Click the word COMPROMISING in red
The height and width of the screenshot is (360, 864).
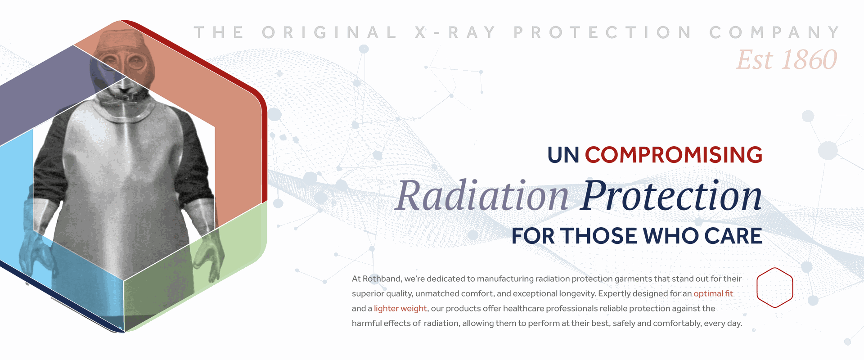pos(673,155)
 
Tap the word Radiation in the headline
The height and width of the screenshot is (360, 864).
pos(482,196)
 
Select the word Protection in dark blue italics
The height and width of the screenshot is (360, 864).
pos(671,196)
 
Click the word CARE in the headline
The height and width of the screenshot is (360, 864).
pos(733,236)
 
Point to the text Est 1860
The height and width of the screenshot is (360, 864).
pos(786,60)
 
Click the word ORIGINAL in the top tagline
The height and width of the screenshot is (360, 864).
pos(329,33)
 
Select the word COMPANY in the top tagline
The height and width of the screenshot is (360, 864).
pos(774,33)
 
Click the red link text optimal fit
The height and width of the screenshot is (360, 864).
pos(713,294)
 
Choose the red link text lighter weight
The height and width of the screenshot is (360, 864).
pos(400,309)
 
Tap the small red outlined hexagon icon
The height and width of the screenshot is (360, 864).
pos(774,288)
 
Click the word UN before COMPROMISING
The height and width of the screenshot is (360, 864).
pos(563,155)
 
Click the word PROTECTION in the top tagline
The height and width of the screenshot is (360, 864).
pos(603,33)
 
